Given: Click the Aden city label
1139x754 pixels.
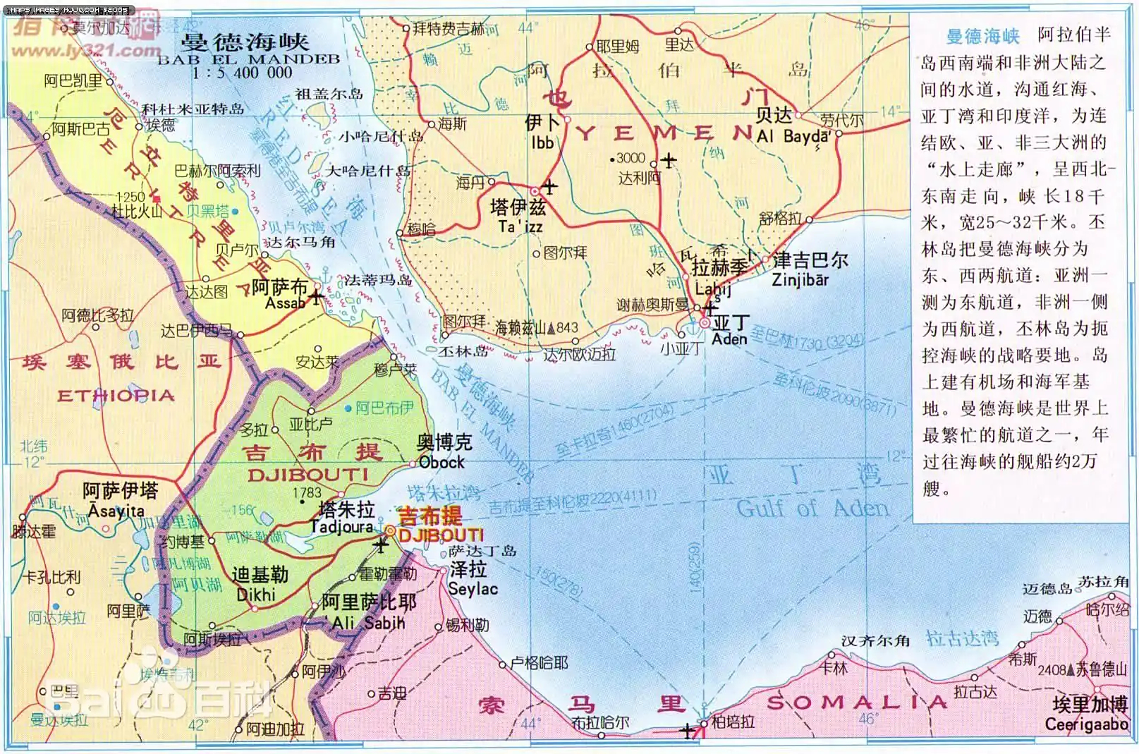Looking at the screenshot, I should [729, 339].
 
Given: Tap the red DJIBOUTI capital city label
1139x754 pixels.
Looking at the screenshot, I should [441, 535].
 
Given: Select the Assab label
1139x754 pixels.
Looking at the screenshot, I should [286, 303].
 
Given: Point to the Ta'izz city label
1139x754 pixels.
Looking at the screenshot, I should [520, 226].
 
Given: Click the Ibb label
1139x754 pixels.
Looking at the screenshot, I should [542, 142].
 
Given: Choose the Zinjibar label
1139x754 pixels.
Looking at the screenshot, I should [800, 279].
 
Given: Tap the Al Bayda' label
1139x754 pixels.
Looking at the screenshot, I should [793, 136].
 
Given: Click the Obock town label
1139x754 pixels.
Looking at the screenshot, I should [441, 462].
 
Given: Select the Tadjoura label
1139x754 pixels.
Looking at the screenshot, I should [342, 526].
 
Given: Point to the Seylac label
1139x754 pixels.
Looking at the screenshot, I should [473, 588].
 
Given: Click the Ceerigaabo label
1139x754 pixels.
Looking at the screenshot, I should [1086, 724].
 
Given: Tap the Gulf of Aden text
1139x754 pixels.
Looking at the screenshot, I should [812, 508].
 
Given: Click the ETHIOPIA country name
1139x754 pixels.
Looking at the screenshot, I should [116, 396].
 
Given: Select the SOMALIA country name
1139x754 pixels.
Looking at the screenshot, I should [857, 702].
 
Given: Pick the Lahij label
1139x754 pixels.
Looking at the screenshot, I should [712, 288].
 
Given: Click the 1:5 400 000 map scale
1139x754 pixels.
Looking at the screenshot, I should [241, 73].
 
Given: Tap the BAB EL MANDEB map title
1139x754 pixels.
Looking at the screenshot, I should [248, 59].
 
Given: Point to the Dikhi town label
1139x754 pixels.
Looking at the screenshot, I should [256, 595].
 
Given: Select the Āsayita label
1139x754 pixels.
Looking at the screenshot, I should [116, 510].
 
